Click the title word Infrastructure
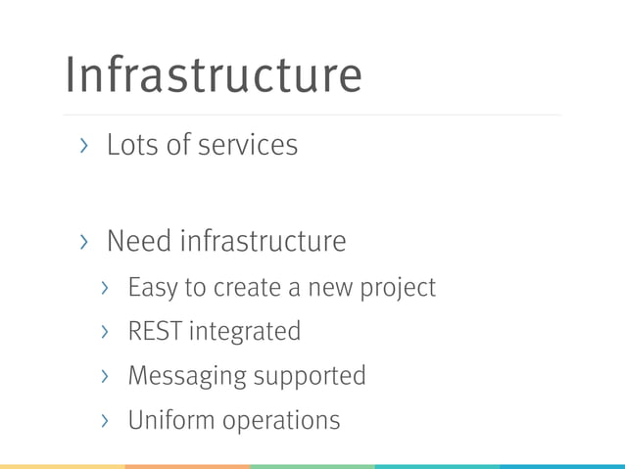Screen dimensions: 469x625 pos(213,74)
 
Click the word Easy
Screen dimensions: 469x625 pos(151,288)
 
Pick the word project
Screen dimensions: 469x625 pos(401,289)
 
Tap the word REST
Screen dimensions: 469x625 pos(155,332)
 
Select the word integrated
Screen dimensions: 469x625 pos(245,333)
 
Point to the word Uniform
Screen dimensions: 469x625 pos(170,421)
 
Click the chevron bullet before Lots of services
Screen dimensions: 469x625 pos(85,146)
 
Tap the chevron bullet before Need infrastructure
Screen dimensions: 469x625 pos(85,241)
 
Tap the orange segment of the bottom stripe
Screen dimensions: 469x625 pos(187,466)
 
